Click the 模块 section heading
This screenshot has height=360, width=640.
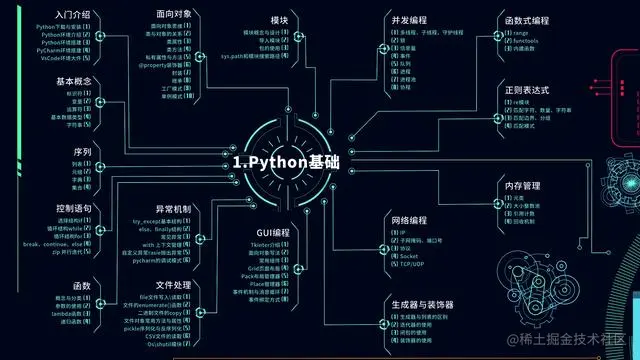280,20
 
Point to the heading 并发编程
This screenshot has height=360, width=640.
408,19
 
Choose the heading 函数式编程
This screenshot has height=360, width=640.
527,19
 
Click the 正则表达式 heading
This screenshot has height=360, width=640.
527,90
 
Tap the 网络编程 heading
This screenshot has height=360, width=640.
409,219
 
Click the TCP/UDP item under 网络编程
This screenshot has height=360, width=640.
412,265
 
